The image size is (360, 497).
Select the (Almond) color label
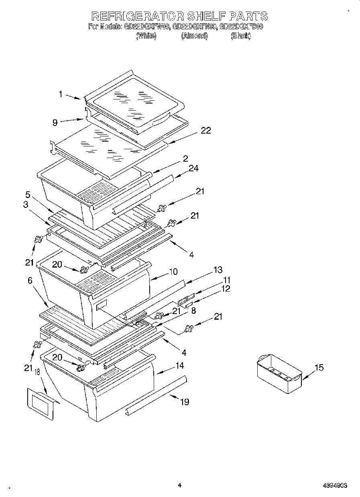[194, 36]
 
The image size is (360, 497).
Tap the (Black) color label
[241, 36]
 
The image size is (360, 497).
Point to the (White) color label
[146, 36]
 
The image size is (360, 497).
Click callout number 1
[61, 94]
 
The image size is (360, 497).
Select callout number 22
[205, 131]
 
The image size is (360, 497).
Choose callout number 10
[173, 272]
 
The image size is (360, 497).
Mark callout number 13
[218, 270]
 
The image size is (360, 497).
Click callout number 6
[31, 281]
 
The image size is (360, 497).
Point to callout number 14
[179, 365]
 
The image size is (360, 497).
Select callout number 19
[184, 402]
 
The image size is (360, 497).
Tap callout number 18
[37, 373]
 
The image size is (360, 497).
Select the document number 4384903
[334, 485]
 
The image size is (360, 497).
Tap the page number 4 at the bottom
[180, 485]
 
